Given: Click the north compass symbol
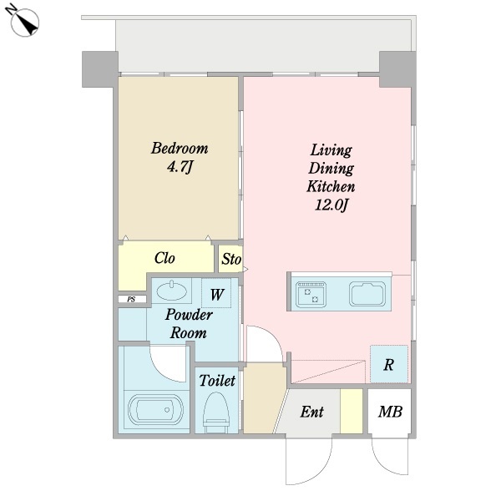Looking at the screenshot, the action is click(x=23, y=20).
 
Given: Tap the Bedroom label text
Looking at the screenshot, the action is click(x=180, y=149).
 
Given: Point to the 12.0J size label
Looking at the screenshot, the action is click(x=331, y=205).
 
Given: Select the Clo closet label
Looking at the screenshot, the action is click(x=164, y=258).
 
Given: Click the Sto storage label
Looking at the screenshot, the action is click(x=231, y=259).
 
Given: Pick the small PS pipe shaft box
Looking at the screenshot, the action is click(x=132, y=299).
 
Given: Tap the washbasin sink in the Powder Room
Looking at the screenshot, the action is click(x=171, y=291).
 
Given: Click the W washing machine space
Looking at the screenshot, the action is click(x=216, y=294).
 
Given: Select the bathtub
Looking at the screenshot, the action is click(x=155, y=409).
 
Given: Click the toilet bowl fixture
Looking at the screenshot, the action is click(x=216, y=412).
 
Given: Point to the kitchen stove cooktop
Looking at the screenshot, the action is click(x=311, y=294).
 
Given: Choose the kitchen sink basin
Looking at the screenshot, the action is click(x=367, y=294).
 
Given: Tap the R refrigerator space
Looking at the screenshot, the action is click(x=389, y=364).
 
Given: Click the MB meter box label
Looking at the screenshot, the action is click(x=390, y=412).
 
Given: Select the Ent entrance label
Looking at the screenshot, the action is click(x=311, y=412).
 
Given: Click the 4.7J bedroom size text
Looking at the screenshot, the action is click(x=180, y=167).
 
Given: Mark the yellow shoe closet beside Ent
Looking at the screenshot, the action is click(x=352, y=411).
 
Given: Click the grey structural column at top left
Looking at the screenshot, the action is click(x=100, y=69).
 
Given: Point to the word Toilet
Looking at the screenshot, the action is click(x=217, y=381).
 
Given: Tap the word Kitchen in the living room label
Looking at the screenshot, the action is click(x=331, y=186).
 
